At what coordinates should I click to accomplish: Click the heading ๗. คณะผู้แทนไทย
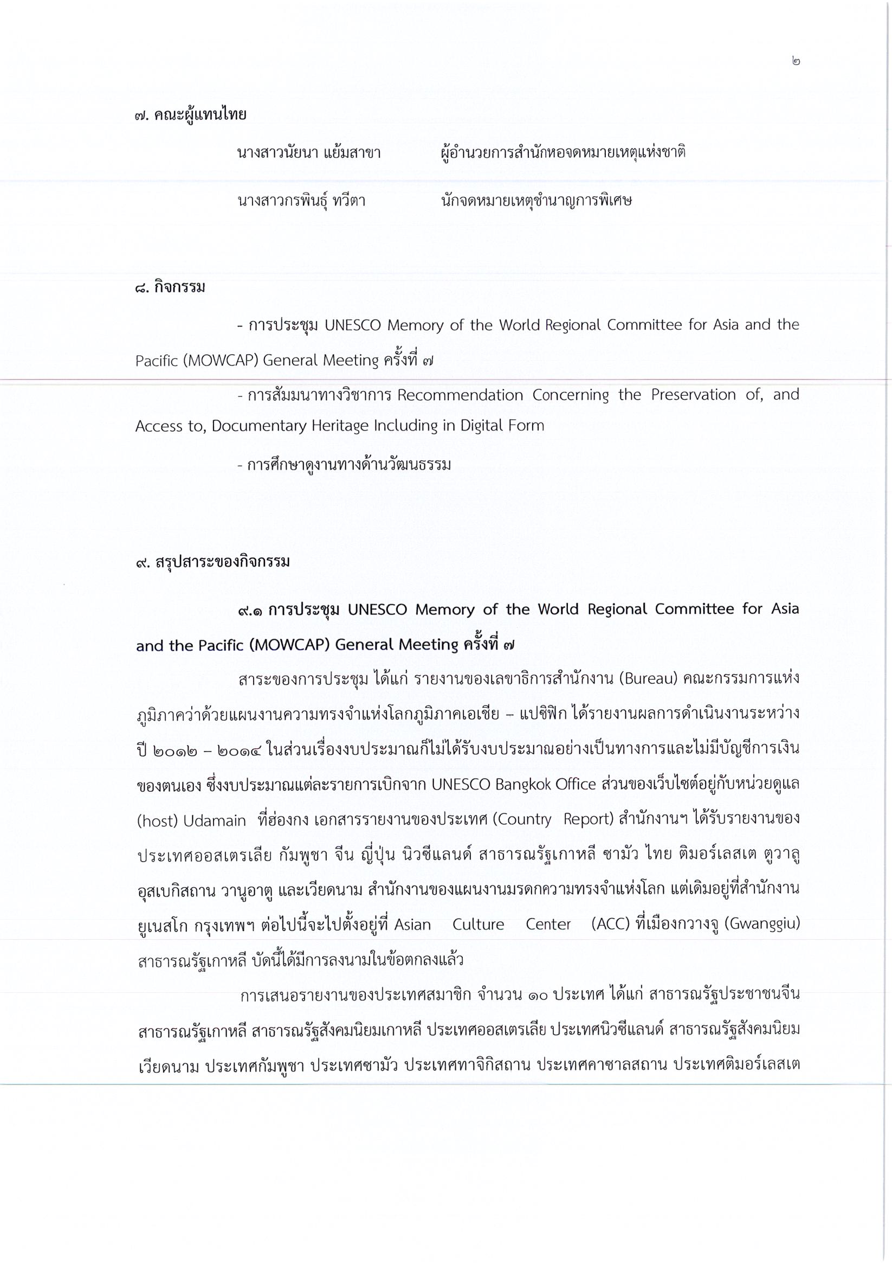[x=190, y=115]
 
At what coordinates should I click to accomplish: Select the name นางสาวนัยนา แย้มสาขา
[x=309, y=152]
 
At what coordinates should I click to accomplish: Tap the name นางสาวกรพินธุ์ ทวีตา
[x=301, y=201]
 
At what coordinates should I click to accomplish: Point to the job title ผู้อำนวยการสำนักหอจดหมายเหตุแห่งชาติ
[x=563, y=152]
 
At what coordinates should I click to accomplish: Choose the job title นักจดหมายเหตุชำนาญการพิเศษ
[x=536, y=201]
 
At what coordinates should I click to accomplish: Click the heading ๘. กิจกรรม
[x=170, y=287]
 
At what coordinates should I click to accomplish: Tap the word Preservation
[x=693, y=395]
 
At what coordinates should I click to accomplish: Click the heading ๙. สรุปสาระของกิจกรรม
[x=213, y=563]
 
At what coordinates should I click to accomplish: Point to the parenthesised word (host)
[x=156, y=821]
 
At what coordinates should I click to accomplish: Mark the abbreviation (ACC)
[x=610, y=923]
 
